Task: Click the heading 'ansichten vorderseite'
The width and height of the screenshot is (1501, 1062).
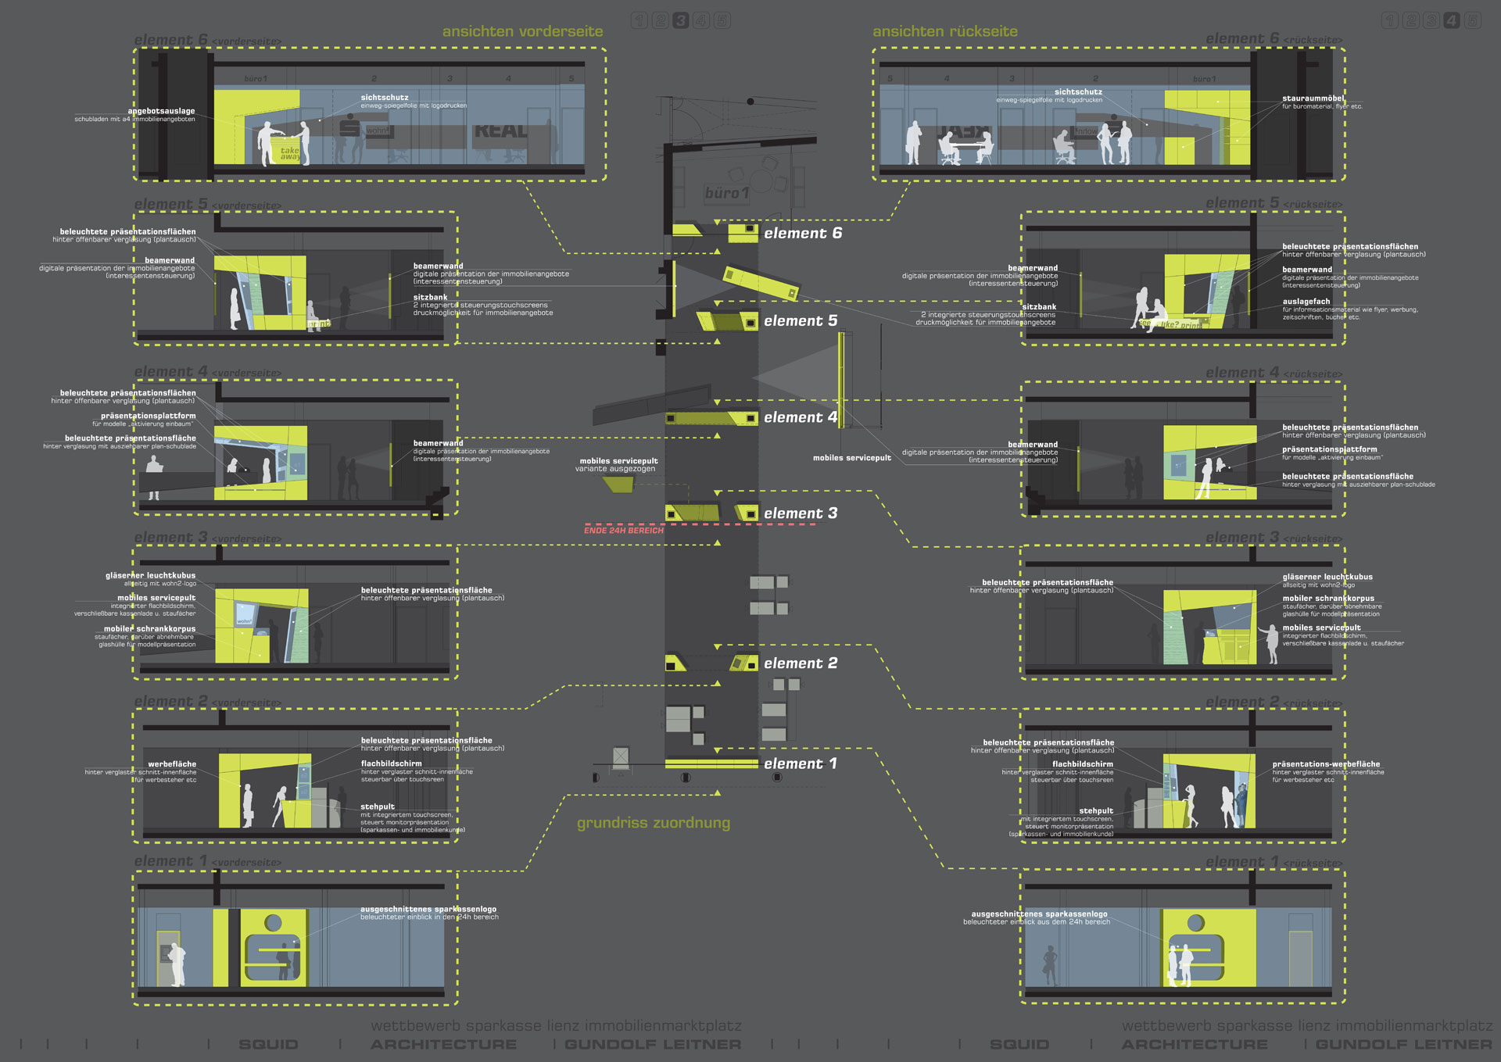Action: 522,31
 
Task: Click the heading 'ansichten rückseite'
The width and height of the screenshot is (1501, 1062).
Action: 944,31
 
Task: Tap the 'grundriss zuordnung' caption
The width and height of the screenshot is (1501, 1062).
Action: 653,823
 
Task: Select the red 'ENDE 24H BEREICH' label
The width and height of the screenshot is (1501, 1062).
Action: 623,531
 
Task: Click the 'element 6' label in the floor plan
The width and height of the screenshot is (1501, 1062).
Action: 802,234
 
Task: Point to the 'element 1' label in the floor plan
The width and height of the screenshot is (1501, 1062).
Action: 800,763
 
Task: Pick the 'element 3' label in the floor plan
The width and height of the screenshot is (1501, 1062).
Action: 800,513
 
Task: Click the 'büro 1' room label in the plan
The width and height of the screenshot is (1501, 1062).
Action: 726,193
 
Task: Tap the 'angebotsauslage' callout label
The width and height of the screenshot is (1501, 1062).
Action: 161,111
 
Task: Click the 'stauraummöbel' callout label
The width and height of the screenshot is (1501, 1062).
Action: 1313,98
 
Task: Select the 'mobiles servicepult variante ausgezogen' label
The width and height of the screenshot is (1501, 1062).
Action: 618,465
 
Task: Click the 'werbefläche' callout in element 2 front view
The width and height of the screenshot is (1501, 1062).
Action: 172,764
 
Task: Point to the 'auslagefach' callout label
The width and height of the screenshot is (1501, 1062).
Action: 1306,302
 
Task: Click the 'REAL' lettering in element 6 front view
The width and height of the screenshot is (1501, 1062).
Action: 500,131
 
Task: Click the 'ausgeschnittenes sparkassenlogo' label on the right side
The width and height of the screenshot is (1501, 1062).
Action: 1039,914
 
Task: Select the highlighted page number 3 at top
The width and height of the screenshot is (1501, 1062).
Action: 681,20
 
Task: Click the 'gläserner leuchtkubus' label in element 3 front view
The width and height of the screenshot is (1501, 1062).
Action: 150,576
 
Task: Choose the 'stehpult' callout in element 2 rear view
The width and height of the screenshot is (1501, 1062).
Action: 1095,811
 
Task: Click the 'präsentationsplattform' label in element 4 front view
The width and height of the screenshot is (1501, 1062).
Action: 148,417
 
